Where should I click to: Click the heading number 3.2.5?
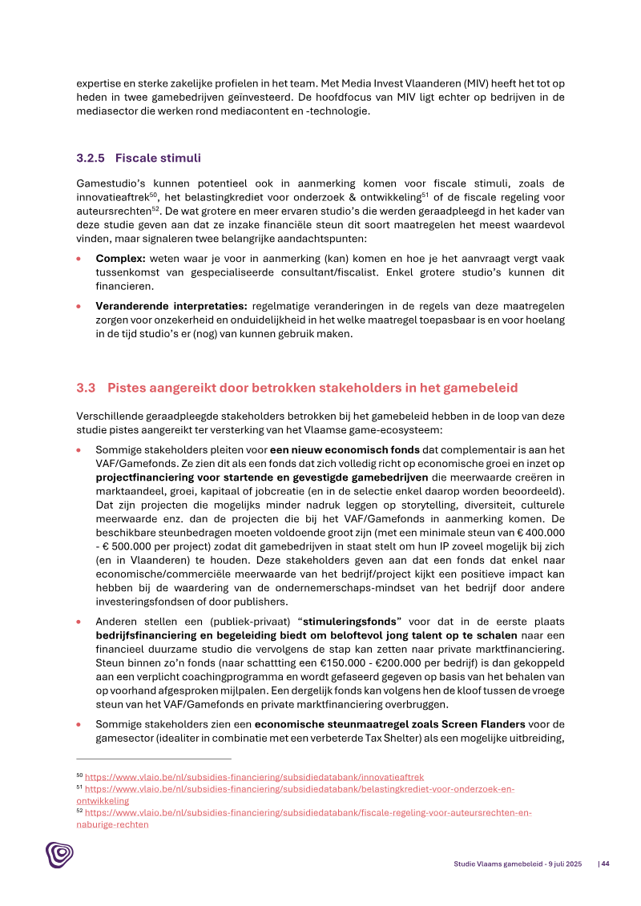point(91,158)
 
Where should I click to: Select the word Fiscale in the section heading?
point(136,158)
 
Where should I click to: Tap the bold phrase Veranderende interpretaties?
point(171,306)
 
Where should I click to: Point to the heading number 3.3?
point(86,389)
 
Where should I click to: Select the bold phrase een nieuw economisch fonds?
point(345,450)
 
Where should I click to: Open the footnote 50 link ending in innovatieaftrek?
point(254,777)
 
